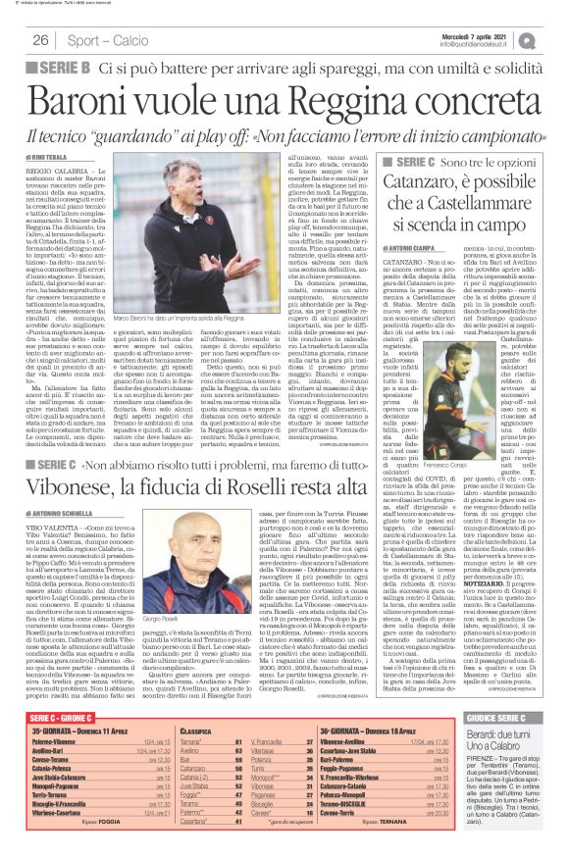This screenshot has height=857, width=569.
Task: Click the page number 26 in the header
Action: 40,40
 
